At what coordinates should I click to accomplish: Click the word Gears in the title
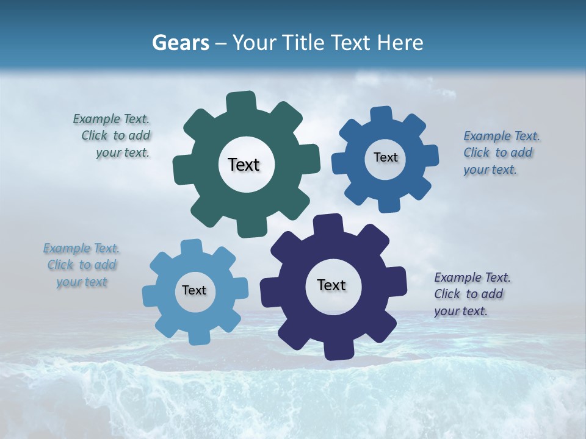tap(179, 43)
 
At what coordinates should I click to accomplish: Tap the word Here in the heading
tap(401, 43)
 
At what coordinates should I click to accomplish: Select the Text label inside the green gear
tap(244, 165)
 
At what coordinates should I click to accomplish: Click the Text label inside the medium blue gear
tap(385, 157)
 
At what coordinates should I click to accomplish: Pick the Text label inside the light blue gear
tap(194, 290)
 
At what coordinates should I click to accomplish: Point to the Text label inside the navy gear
tap(331, 285)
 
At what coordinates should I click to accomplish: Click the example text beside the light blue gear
tap(82, 265)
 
